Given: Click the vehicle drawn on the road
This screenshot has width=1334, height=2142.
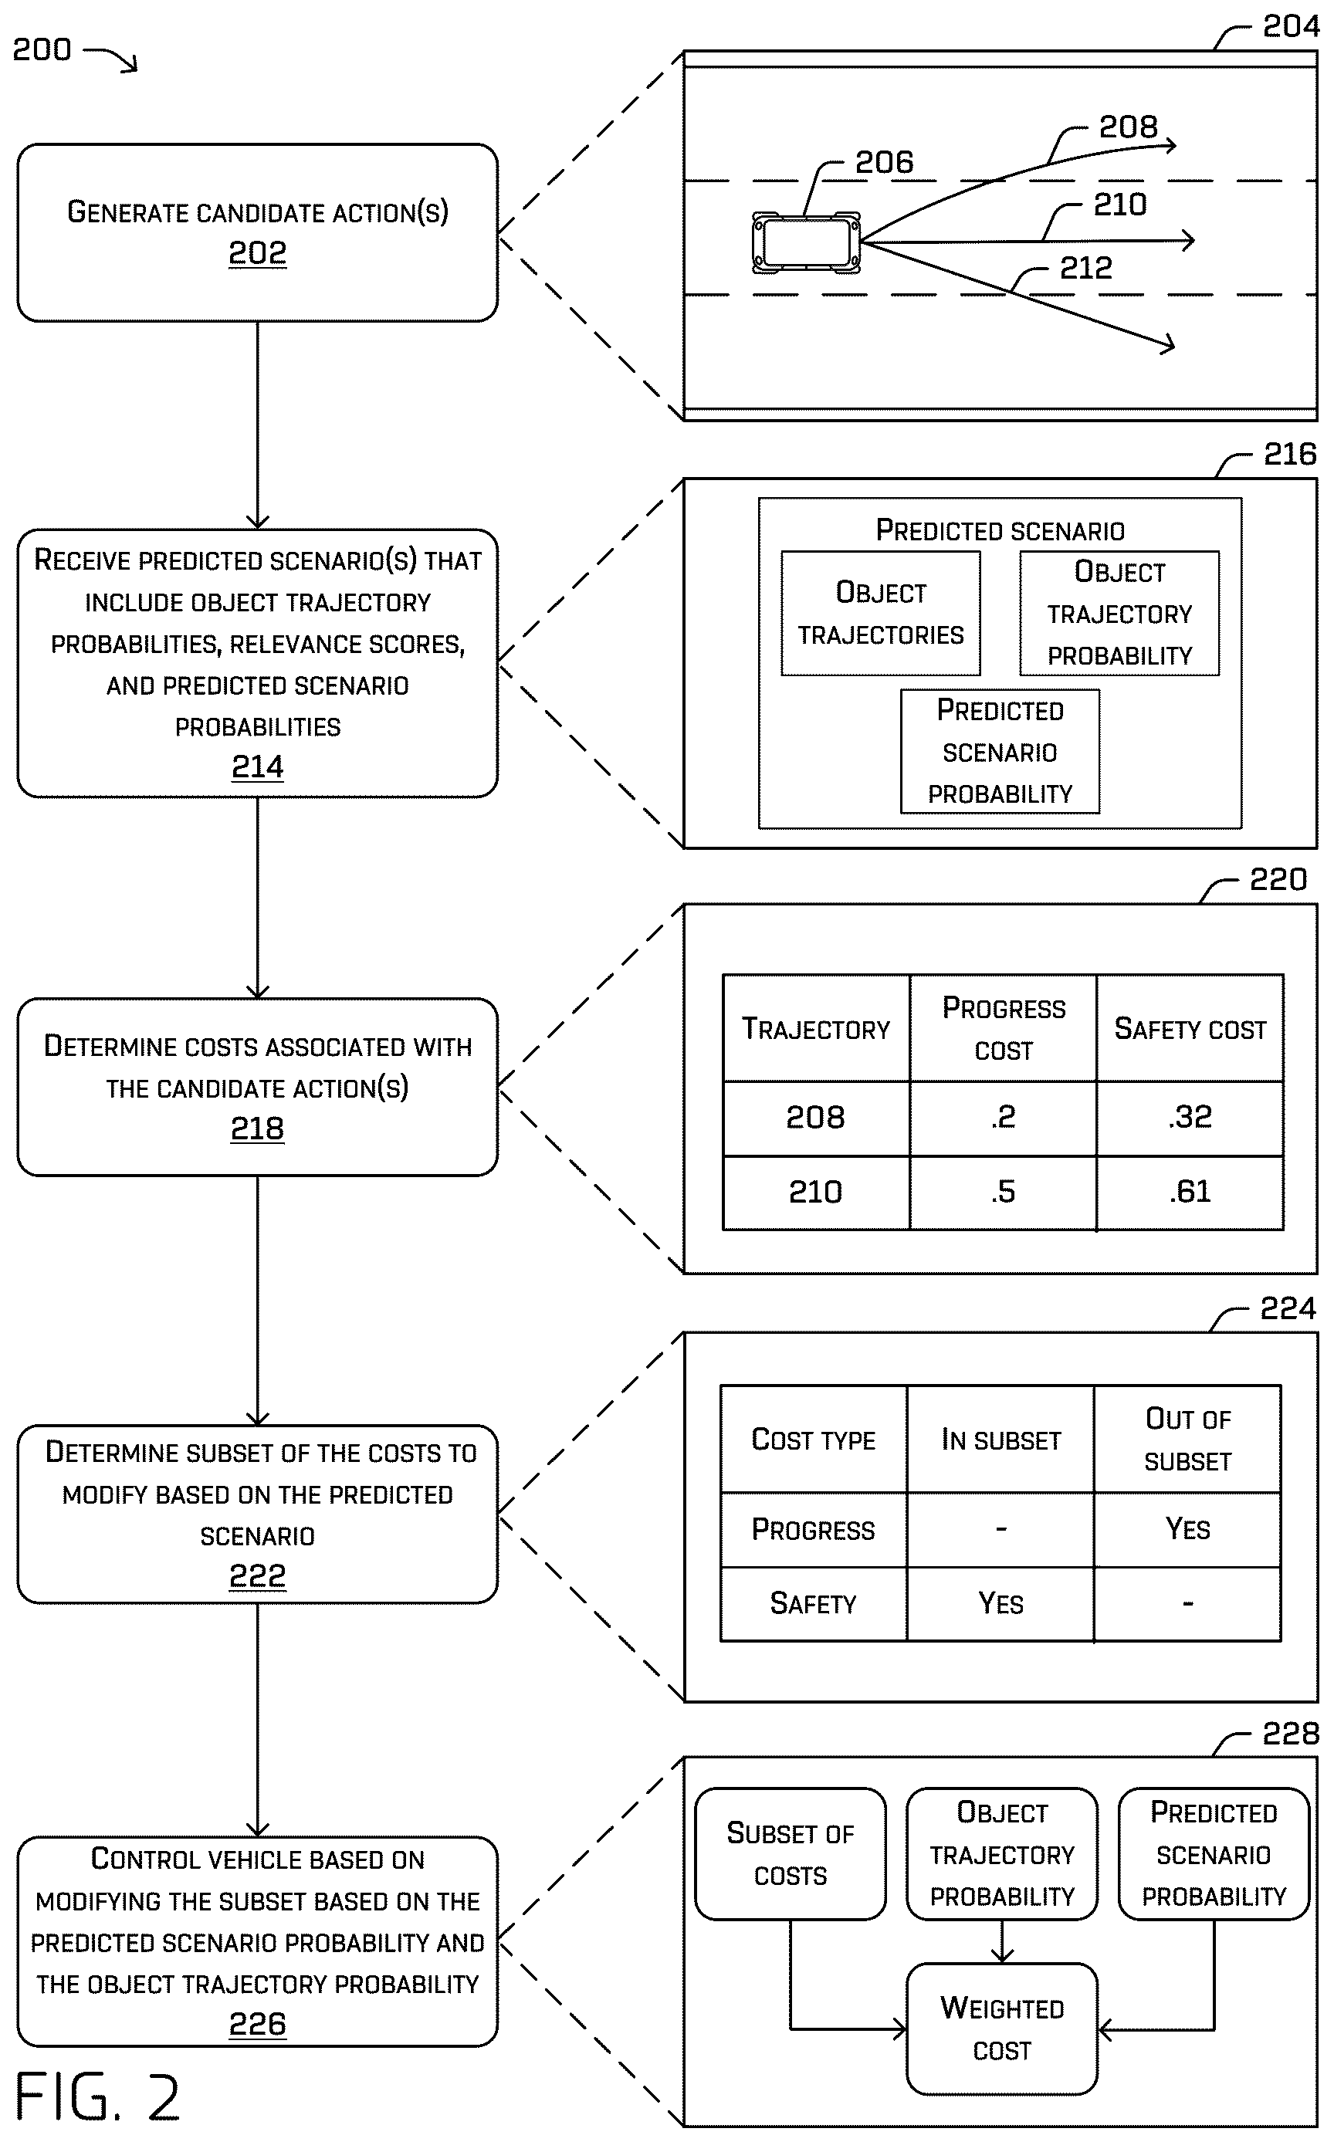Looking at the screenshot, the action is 805,242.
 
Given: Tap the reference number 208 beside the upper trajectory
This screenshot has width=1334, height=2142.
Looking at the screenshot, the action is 1128,127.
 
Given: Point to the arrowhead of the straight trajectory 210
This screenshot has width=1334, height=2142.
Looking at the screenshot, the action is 1187,239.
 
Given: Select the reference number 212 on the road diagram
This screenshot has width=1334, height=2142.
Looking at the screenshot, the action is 1085,268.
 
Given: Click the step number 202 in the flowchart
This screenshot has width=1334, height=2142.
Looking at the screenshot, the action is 258,253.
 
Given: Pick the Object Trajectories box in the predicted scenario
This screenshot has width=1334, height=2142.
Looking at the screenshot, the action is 881,613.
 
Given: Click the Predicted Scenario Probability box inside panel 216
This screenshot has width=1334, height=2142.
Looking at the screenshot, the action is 1000,751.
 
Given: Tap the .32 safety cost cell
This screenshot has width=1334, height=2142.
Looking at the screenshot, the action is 1190,1118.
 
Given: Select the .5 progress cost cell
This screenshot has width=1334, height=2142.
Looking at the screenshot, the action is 1003,1193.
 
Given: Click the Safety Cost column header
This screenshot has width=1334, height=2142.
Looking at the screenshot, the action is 1190,1029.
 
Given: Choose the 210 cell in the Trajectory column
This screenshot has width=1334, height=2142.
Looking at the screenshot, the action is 816,1193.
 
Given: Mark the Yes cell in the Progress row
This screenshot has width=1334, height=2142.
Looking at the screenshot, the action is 1187,1529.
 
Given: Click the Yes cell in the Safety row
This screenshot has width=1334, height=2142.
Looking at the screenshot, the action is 1000,1603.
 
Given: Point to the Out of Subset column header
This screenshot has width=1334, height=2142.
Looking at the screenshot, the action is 1187,1440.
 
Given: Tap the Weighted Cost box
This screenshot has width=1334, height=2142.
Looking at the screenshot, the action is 1002,2029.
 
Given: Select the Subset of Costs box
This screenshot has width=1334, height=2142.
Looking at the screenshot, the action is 791,1854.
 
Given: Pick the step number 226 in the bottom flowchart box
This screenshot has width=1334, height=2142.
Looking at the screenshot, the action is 258,2024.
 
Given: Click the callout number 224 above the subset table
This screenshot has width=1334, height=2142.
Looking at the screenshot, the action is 1287,1308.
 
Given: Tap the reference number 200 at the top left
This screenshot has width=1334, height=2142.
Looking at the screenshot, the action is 42,49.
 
